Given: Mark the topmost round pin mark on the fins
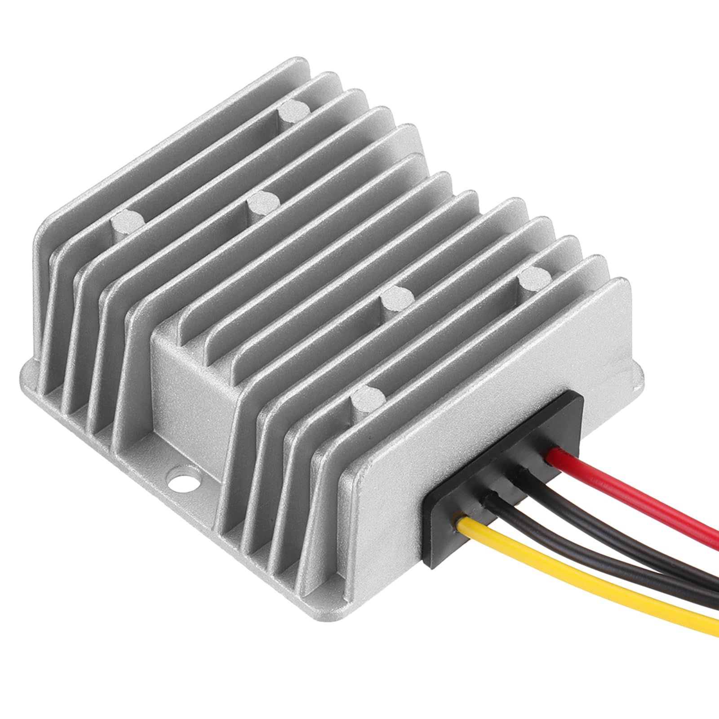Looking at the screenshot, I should [x=290, y=110].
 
